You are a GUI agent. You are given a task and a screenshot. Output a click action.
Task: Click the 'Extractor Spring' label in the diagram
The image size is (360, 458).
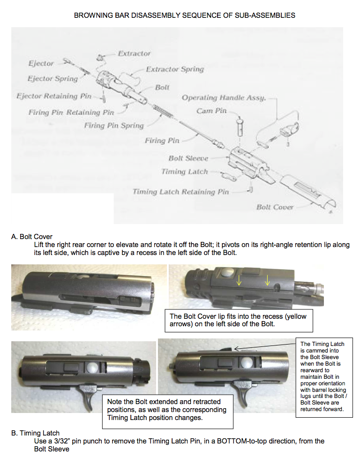(x=175, y=69)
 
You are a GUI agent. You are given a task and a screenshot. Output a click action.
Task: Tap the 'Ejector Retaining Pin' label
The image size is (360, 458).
(x=54, y=96)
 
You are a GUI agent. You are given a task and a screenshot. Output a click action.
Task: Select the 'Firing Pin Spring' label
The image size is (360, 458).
(x=114, y=125)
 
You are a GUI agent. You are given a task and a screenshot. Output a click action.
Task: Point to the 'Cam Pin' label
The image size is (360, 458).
(x=211, y=111)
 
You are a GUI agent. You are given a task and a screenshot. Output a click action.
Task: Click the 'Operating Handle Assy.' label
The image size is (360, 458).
(x=224, y=98)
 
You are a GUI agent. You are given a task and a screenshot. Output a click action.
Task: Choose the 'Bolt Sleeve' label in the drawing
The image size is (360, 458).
(x=188, y=158)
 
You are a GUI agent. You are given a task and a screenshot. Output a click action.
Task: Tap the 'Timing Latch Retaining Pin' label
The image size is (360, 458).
(x=181, y=192)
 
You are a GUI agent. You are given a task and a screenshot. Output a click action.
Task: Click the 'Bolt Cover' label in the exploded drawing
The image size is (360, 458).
(x=275, y=207)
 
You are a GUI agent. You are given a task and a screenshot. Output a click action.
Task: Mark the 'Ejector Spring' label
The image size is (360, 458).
(x=52, y=78)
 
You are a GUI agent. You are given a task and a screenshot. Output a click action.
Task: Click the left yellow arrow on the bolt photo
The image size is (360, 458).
(x=239, y=280)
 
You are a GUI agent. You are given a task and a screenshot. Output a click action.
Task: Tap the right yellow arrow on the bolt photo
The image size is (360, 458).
(x=268, y=280)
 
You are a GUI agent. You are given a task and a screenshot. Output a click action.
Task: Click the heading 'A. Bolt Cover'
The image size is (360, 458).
(x=32, y=237)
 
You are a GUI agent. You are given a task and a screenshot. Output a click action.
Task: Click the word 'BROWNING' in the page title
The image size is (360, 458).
(x=90, y=15)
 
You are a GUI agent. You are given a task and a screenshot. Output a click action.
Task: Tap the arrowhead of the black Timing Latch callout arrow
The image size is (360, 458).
(x=235, y=348)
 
